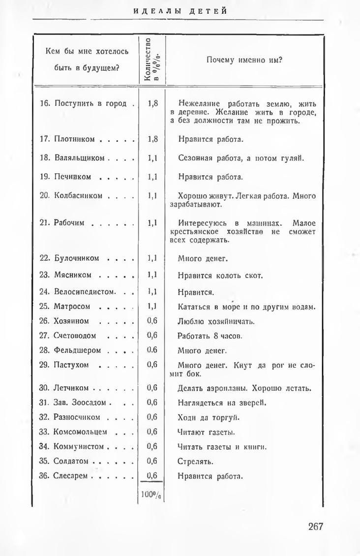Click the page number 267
[315, 526]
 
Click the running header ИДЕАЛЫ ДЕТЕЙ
[180, 11]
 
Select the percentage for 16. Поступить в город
[152, 104]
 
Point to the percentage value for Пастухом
[152, 365]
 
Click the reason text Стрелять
[195, 462]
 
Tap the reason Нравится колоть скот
[220, 276]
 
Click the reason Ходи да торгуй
[208, 417]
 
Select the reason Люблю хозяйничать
[216, 322]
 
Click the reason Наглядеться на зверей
[221, 402]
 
